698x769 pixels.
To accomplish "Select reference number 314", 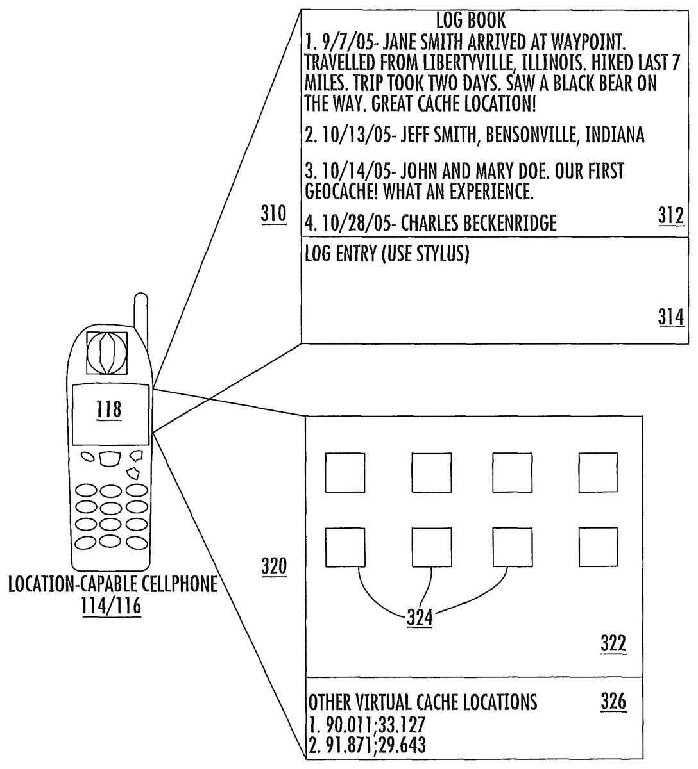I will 671,317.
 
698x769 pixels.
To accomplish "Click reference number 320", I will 274,566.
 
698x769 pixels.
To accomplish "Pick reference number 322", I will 613,643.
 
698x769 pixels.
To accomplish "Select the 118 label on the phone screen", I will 108,408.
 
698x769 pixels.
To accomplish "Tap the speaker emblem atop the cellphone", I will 108,351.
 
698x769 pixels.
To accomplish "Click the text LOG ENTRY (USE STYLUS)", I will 387,254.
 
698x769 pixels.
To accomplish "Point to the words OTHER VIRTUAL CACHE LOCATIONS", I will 423,702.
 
